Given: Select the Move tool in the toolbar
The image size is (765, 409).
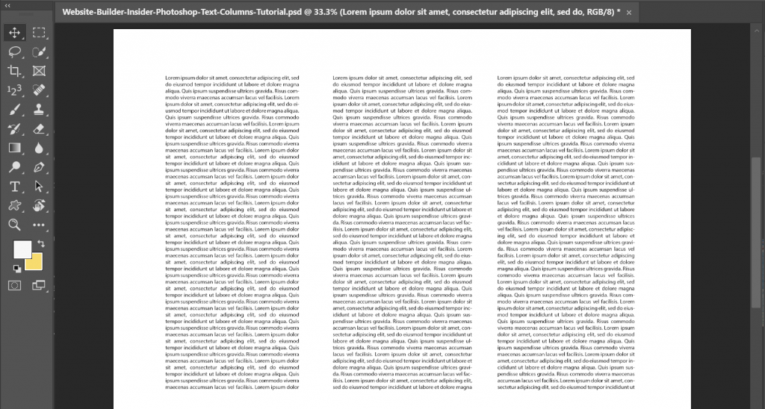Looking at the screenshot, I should click(14, 33).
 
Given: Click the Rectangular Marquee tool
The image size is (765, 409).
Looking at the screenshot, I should click(39, 33).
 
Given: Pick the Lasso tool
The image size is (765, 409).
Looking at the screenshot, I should click(14, 52).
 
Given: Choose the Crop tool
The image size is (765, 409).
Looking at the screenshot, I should click(14, 71).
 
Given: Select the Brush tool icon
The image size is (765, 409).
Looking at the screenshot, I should click(14, 110).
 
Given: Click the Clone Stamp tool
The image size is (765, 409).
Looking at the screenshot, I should click(39, 110).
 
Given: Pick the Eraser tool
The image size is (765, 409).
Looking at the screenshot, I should click(39, 128).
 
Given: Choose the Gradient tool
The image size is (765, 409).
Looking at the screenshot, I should click(14, 148).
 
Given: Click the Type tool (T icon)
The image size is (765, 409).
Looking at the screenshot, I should click(14, 187).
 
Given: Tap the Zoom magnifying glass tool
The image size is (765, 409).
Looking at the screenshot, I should click(14, 225).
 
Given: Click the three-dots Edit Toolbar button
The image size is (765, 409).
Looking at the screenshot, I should click(39, 225).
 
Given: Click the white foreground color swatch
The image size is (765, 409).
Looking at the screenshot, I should click(22, 249).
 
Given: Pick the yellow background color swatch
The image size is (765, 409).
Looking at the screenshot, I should click(34, 262).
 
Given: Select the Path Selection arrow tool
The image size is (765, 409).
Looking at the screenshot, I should click(39, 187).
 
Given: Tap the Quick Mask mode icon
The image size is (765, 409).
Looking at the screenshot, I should click(14, 285).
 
